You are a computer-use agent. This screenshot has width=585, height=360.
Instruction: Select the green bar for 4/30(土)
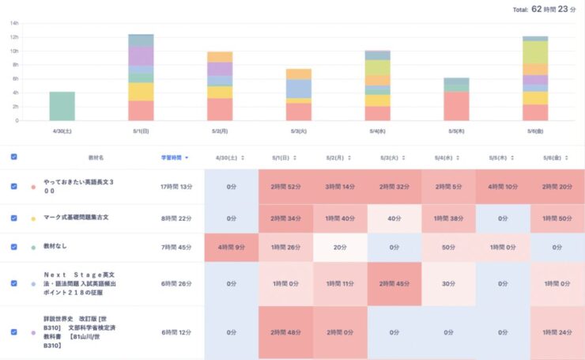pyautogui.click(x=62, y=106)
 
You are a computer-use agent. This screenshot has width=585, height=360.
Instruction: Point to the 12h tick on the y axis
pyautogui.click(x=13, y=37)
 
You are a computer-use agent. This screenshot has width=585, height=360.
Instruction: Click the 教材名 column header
pyautogui.click(x=96, y=157)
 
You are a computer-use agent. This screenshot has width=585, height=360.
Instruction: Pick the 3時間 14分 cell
pyautogui.click(x=340, y=187)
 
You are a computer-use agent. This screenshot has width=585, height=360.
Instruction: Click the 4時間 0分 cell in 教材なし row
pyautogui.click(x=231, y=247)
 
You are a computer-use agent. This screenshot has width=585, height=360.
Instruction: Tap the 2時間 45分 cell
pyautogui.click(x=394, y=283)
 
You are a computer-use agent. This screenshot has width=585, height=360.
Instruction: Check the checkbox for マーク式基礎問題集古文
pyautogui.click(x=14, y=218)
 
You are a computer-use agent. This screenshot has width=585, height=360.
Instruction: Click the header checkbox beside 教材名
pyautogui.click(x=14, y=157)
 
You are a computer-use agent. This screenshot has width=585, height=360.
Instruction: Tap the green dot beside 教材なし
pyautogui.click(x=33, y=248)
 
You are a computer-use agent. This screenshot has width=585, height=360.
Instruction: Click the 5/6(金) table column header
pyautogui.click(x=556, y=157)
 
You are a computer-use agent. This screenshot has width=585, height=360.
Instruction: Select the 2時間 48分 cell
pyautogui.click(x=285, y=332)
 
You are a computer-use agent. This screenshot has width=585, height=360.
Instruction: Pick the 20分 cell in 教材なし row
pyautogui.click(x=340, y=247)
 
